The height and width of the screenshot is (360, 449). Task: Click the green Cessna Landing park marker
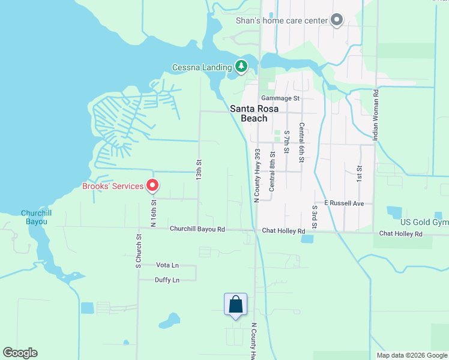241,66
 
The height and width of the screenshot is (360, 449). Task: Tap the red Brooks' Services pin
152,186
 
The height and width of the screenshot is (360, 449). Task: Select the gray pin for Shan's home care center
337,21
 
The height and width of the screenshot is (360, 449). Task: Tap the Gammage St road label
280,98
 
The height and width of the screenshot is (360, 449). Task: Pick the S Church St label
137,250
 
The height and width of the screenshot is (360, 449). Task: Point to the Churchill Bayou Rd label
197,229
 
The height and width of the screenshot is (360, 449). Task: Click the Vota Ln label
167,265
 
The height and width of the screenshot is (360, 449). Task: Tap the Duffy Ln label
167,280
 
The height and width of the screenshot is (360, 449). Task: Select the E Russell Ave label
344,203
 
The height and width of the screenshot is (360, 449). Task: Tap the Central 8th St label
272,171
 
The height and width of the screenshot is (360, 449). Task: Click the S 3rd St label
314,217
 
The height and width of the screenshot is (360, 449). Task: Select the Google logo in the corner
20,353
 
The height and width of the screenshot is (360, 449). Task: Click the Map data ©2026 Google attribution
411,355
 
